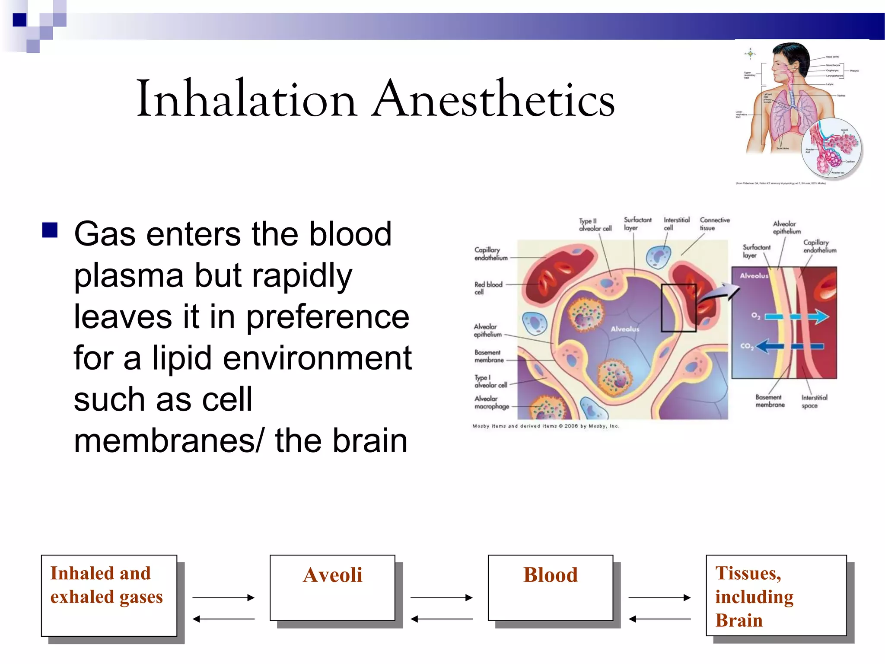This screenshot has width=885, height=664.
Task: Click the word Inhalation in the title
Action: (246, 99)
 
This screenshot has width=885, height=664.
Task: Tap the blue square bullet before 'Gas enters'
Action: (50, 230)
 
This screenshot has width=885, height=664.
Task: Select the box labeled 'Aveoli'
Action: (332, 588)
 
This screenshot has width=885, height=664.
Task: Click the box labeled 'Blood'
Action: (550, 588)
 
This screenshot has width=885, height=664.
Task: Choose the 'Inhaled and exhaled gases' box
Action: (109, 595)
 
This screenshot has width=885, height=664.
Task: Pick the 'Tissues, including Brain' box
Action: (776, 595)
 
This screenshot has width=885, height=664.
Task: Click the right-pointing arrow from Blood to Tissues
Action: (659, 597)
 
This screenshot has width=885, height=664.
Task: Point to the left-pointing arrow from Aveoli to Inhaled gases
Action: (223, 619)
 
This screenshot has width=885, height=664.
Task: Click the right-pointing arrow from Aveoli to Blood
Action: (441, 597)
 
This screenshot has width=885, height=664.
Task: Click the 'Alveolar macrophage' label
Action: (491, 402)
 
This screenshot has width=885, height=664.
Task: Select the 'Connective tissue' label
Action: (714, 224)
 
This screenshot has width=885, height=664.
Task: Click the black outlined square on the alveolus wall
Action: (678, 308)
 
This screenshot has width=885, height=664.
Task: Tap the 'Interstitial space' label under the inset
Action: (814, 401)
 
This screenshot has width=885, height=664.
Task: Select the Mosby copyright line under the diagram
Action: (545, 426)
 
